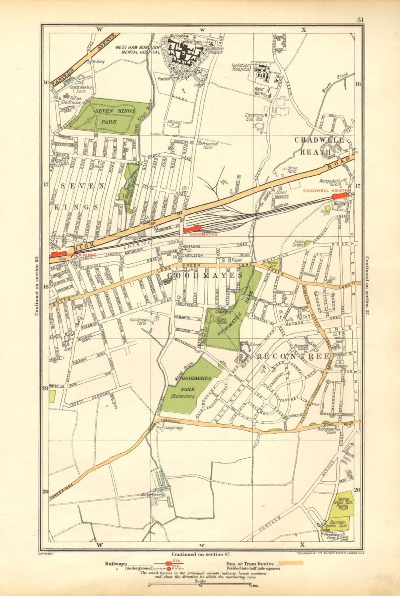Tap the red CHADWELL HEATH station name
(325, 191)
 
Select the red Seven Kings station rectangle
(59, 254)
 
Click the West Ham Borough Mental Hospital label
(137, 50)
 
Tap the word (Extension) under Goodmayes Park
(182, 396)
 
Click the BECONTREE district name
(293, 356)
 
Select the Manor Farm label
(150, 494)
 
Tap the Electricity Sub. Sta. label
(255, 117)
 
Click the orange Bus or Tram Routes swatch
(291, 563)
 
